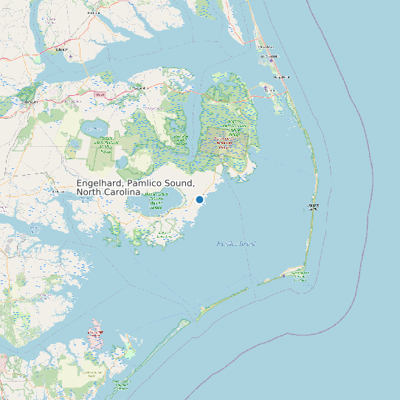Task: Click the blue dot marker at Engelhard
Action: click(199, 199)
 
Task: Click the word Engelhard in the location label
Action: click(100, 183)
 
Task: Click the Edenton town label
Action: click(61, 49)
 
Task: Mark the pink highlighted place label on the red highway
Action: click(99, 94)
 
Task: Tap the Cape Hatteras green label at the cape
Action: click(300, 275)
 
